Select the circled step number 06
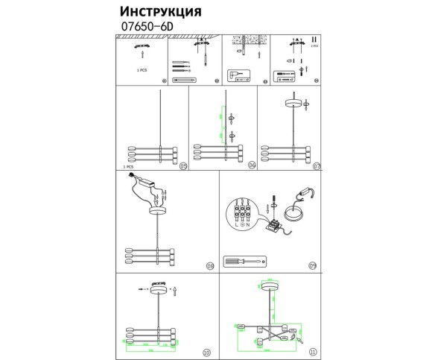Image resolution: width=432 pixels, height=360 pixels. pos(251,165)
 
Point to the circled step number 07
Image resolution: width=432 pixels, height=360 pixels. pos(316,165)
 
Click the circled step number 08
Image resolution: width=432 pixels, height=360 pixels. pos(209,265)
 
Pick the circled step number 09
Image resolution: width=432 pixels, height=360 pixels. pos(312,265)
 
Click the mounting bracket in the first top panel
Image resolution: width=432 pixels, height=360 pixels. pos(142,47)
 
